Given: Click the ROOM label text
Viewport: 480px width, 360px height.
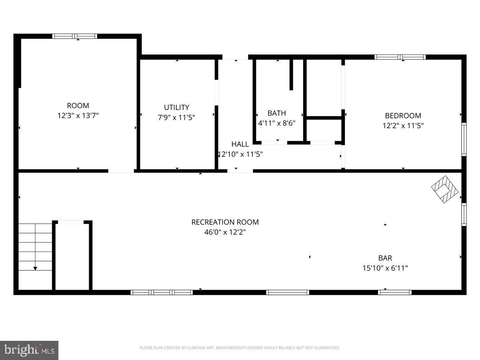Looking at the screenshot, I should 78,106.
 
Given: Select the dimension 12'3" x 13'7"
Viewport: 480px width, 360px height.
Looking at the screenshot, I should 78,116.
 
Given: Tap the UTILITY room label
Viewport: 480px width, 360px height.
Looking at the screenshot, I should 176,107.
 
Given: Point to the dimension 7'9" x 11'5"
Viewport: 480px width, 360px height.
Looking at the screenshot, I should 176,117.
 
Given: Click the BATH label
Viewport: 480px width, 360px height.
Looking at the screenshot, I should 277,113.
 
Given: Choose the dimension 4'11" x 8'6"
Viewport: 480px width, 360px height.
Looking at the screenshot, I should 277,123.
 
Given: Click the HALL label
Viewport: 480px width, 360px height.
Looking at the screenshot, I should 240,144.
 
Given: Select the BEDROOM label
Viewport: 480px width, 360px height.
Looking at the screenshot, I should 403,116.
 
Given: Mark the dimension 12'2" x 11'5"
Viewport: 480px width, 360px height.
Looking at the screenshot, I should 403,126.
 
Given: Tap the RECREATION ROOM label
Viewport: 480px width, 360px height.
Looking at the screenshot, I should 225,222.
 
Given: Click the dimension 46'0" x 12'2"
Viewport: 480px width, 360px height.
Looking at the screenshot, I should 225,232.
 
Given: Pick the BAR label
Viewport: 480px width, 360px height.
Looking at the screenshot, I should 385,258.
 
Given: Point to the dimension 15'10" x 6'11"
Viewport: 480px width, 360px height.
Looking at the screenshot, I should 385,268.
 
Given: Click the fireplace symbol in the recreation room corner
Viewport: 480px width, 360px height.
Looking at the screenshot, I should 444,189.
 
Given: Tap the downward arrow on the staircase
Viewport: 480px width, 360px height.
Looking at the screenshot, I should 35,268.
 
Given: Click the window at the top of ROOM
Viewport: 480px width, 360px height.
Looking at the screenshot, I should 75,36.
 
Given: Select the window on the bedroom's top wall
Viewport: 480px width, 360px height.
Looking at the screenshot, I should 400,57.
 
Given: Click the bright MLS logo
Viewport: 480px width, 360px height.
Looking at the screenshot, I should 29,350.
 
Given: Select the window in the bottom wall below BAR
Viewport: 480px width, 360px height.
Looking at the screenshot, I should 395,292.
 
